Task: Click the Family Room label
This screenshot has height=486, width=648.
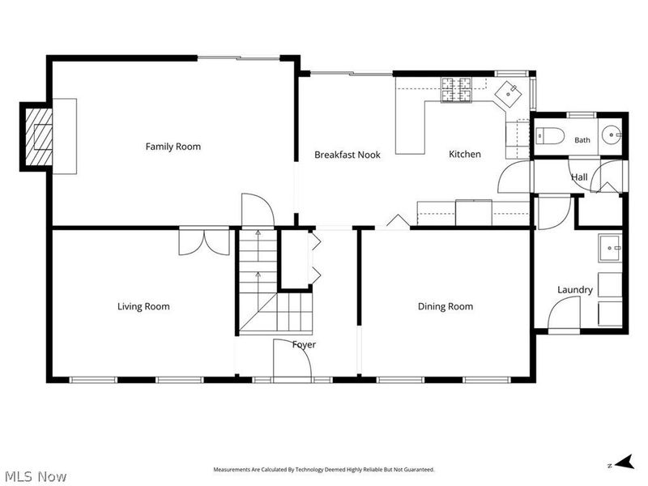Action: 173,147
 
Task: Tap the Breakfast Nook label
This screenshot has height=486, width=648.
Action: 347,155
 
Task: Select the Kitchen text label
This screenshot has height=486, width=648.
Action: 465,154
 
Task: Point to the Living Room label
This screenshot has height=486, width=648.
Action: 143,307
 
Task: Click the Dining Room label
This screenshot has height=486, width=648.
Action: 446,307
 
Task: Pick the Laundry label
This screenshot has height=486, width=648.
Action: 575,290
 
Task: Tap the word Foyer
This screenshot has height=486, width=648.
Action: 305,345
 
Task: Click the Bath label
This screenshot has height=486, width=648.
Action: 582,140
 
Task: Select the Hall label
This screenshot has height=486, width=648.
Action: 579,177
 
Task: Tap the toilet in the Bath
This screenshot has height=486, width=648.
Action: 550,135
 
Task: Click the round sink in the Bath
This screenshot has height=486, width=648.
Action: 611,135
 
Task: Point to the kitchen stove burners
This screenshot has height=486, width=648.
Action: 457,90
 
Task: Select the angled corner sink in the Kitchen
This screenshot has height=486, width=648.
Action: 509,93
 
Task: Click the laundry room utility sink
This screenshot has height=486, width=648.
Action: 610,248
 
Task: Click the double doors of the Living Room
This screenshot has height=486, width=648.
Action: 204,241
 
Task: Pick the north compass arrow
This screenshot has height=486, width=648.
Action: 625,462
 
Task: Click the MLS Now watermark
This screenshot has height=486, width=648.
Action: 33,476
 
